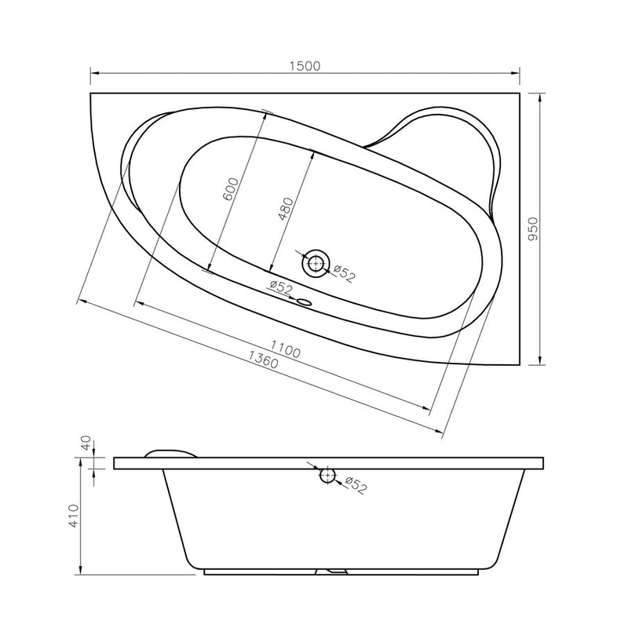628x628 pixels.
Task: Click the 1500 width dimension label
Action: (305, 66)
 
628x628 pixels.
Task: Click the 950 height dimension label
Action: (533, 228)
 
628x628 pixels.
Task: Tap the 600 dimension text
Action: (231, 189)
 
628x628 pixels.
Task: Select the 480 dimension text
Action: (286, 209)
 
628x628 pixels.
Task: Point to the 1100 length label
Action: (285, 349)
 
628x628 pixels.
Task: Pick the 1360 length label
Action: (263, 360)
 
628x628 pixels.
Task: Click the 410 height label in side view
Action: (75, 516)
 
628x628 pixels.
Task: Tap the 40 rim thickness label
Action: (86, 443)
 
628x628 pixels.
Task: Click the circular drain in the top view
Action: (316, 263)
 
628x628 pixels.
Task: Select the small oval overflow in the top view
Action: (305, 302)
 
